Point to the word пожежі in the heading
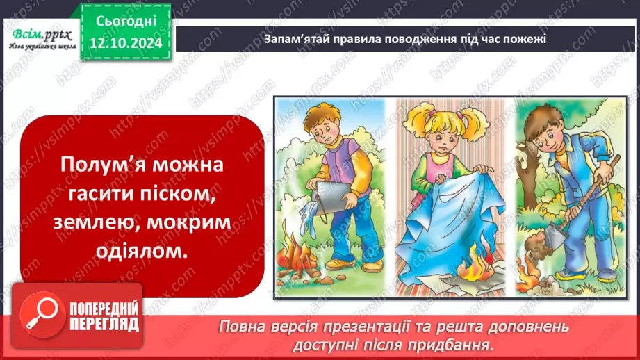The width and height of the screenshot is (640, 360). pos(527,39)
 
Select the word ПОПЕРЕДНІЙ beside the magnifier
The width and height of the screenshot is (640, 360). pos(103,308)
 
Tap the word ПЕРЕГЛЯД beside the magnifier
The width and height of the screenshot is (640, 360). pos(103,324)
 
